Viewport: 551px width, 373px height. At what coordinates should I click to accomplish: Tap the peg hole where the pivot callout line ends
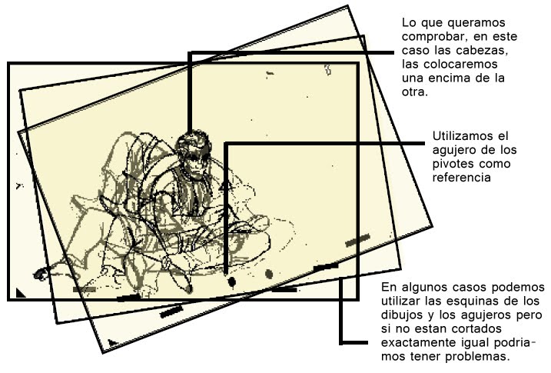(232, 281)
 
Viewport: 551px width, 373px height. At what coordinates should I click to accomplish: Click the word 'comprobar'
(433, 36)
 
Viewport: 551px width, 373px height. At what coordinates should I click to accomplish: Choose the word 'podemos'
(516, 288)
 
